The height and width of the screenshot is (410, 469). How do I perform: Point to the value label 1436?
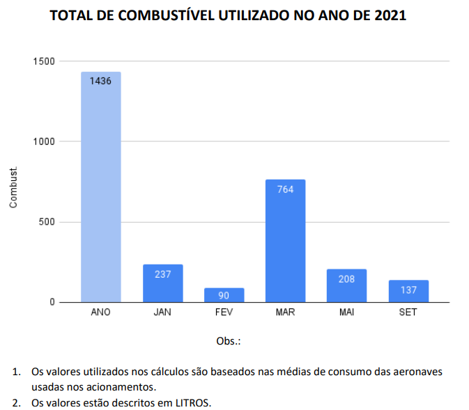tap(100, 81)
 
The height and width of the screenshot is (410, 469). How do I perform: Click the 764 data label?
tap(285, 189)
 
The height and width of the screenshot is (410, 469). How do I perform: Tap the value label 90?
tap(224, 296)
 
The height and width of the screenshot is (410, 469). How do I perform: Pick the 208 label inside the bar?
tap(346, 279)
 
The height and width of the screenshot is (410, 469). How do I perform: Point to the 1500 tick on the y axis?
tap(43, 61)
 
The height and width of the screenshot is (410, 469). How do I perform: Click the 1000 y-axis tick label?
tap(43, 141)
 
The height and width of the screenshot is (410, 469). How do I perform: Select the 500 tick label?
tap(46, 222)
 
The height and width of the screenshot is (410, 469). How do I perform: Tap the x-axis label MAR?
tap(285, 313)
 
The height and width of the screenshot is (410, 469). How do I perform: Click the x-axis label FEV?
tap(224, 313)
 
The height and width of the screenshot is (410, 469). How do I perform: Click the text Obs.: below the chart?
tap(229, 341)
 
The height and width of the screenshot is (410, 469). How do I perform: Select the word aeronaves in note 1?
tap(418, 372)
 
